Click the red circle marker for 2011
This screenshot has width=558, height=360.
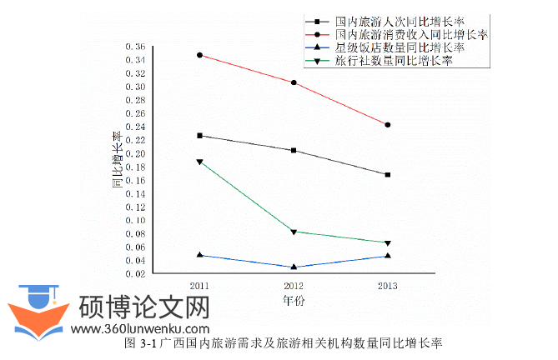[x=199, y=55]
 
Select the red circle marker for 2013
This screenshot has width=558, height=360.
[x=388, y=125]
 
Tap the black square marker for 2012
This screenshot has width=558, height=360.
[x=294, y=151]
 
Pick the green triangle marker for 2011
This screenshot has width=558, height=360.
[x=199, y=162]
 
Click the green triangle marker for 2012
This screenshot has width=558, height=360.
[x=294, y=232]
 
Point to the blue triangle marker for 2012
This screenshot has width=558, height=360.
[x=294, y=267]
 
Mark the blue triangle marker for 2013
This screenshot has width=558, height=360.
[x=388, y=255]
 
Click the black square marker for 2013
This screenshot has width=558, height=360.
[x=388, y=175]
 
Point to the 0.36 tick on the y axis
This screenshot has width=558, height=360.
[x=133, y=47]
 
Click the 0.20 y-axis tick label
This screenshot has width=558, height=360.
[x=133, y=154]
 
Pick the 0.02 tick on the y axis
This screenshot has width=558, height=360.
[x=133, y=274]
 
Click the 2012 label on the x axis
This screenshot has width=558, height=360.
[x=294, y=286]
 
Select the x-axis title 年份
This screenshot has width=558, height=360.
[x=294, y=301]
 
